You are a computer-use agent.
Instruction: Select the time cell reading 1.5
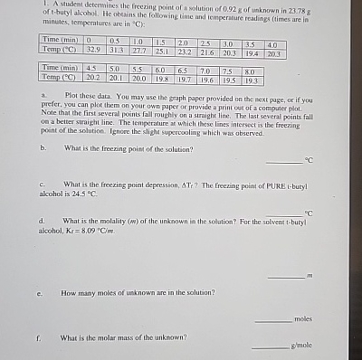[159, 43]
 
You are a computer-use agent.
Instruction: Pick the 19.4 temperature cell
[252, 53]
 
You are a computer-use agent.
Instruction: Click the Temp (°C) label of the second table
[62, 78]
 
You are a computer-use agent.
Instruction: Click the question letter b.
[43, 147]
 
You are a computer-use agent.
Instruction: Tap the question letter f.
[41, 336]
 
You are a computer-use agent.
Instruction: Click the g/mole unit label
[301, 346]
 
